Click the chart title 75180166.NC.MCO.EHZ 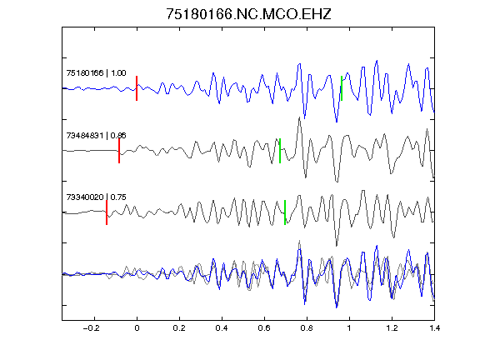pyautogui.click(x=248, y=14)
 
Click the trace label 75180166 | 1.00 pyautogui.click(x=96, y=73)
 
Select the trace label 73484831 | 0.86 pyautogui.click(x=96, y=135)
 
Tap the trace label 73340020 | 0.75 pyautogui.click(x=96, y=197)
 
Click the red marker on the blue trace pyautogui.click(x=137, y=88)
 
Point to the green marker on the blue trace pyautogui.click(x=342, y=88)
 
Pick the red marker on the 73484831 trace pyautogui.click(x=119, y=151)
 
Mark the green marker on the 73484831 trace pyautogui.click(x=280, y=151)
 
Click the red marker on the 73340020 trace pyautogui.click(x=107, y=212)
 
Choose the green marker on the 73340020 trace pyautogui.click(x=285, y=212)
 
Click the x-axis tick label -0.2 pyautogui.click(x=91, y=328)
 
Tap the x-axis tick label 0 pyautogui.click(x=137, y=328)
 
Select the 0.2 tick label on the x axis pyautogui.click(x=179, y=328)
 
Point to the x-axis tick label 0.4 pyautogui.click(x=222, y=328)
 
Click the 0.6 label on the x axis pyautogui.click(x=264, y=328)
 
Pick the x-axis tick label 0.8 pyautogui.click(x=307, y=328)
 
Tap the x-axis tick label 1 pyautogui.click(x=349, y=328)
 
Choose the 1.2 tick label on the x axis pyautogui.click(x=392, y=328)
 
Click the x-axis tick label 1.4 pyautogui.click(x=434, y=328)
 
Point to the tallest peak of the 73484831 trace pyautogui.click(x=299, y=117)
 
